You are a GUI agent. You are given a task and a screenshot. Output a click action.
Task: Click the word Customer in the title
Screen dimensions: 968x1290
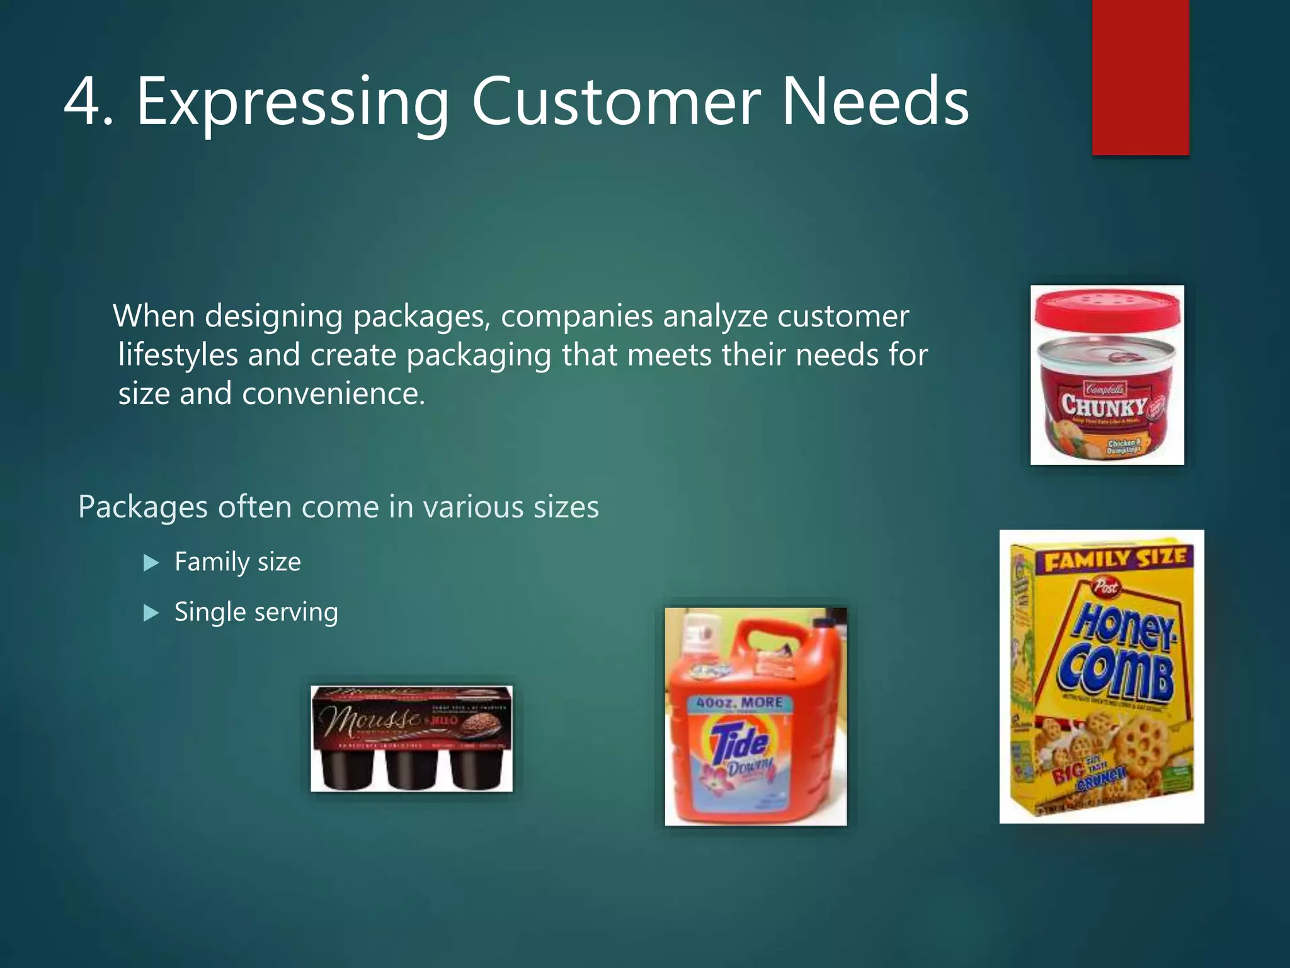click(616, 102)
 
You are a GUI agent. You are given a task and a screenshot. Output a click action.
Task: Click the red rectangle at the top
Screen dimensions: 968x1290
click(1140, 77)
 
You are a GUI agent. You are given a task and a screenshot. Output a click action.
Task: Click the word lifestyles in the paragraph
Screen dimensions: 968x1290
click(178, 355)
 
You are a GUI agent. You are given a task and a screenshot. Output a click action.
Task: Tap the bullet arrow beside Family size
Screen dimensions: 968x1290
click(151, 562)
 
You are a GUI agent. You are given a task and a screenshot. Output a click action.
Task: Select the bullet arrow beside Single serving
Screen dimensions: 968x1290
click(151, 613)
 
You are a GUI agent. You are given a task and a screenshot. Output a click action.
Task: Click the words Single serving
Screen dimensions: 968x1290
click(256, 613)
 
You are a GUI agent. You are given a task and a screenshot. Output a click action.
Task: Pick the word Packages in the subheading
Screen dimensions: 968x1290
click(142, 507)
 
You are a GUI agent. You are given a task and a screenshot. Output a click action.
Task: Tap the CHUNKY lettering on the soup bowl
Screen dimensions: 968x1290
click(1104, 405)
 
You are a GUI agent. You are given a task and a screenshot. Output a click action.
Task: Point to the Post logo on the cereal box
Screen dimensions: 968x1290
click(1105, 587)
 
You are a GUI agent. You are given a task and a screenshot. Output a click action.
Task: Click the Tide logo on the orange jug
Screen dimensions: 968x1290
click(740, 743)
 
